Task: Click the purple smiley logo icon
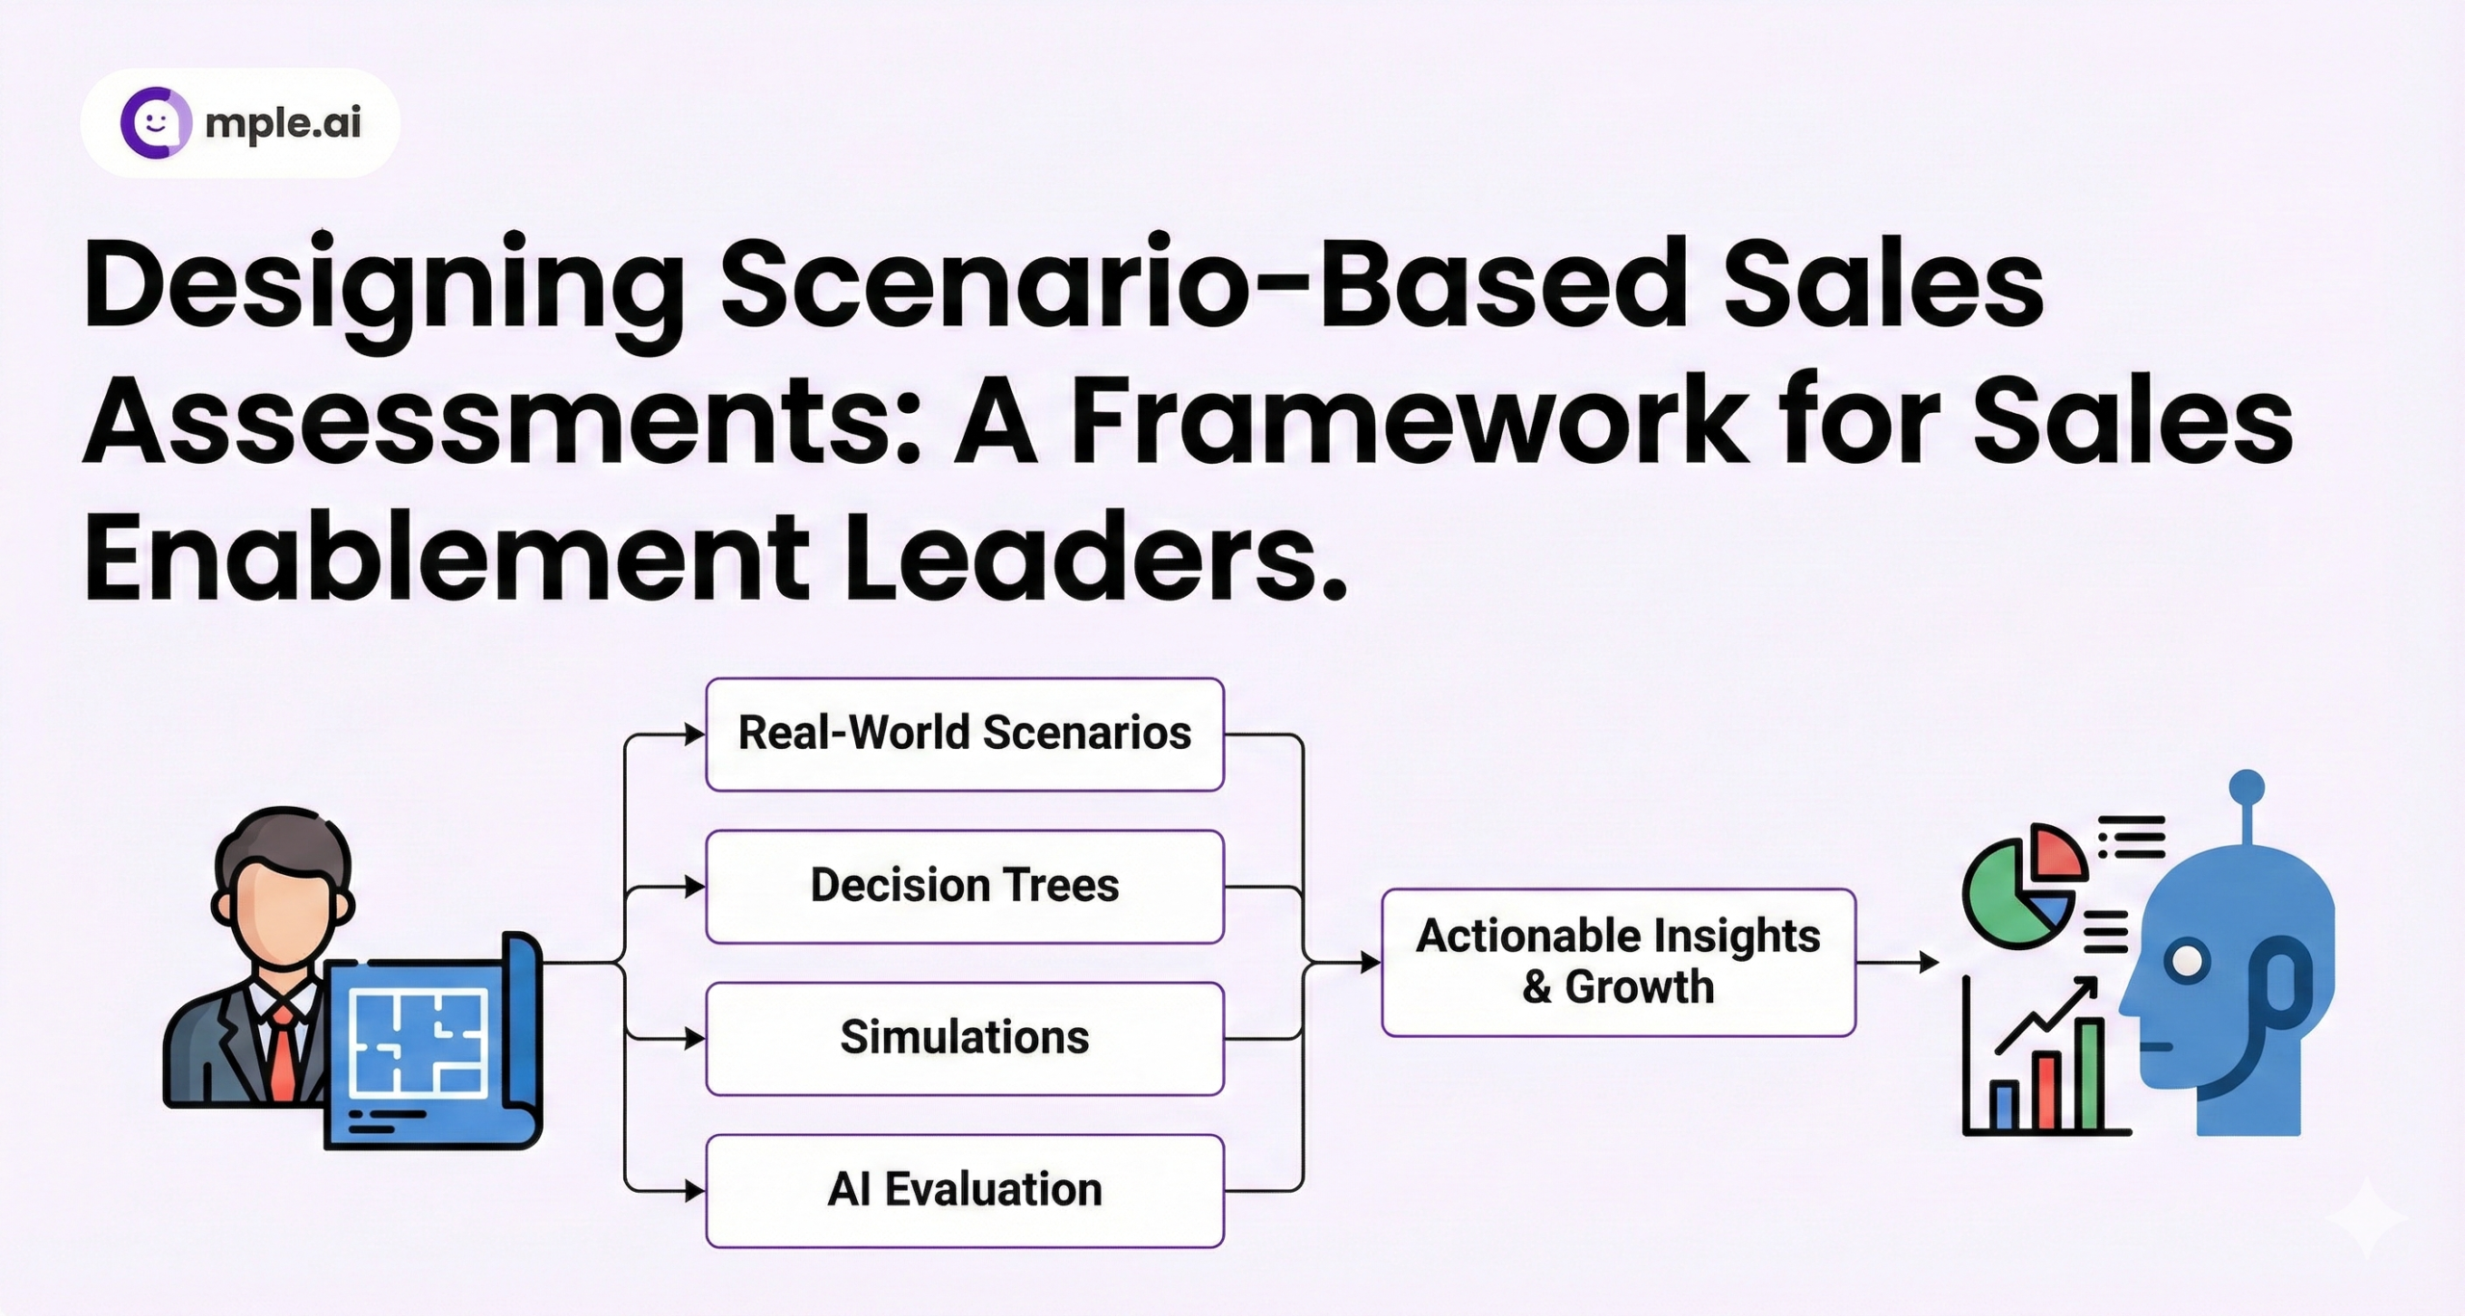point(156,122)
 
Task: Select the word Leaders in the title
point(1096,558)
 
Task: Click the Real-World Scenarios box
point(965,735)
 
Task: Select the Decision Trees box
point(965,887)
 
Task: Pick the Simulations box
point(965,1039)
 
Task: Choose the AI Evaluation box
point(965,1191)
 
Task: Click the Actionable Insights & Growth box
point(1619,963)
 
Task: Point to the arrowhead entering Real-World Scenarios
point(695,735)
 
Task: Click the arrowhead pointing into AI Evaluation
point(695,1191)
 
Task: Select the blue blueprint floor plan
point(432,1042)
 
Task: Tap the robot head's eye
point(2188,962)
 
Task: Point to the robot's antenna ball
point(2246,787)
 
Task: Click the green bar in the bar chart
point(2089,1075)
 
